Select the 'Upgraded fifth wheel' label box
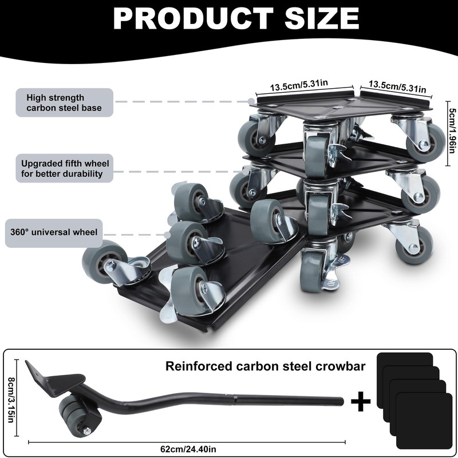click(62, 168)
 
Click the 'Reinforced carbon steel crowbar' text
click(266, 366)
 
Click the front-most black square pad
click(420, 420)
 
